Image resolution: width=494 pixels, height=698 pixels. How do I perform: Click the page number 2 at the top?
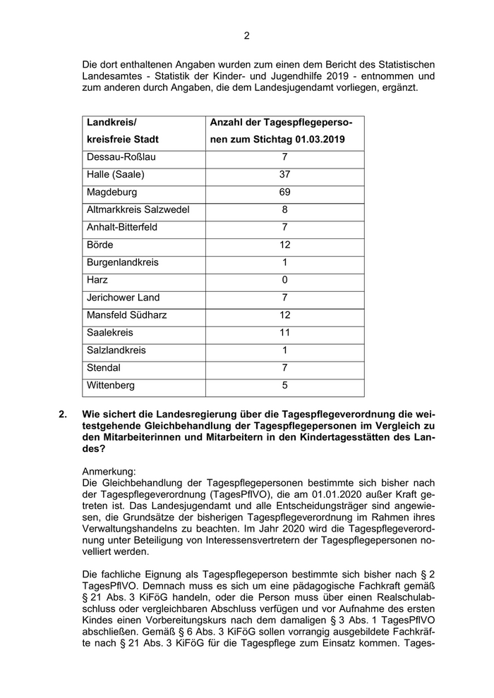point(247,36)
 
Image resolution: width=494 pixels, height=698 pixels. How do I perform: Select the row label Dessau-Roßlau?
point(116,157)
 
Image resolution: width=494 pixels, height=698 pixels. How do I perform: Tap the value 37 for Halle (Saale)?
point(284,174)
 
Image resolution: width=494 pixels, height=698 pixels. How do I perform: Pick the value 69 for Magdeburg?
point(284,192)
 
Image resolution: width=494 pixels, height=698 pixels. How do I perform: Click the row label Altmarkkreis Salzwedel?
point(138,209)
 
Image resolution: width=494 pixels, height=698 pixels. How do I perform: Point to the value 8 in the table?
point(284,209)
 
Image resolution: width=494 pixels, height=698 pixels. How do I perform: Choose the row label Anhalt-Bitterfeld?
point(122,227)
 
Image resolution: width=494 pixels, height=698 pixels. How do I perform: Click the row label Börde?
point(100,245)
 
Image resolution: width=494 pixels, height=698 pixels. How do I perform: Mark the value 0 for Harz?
point(284,280)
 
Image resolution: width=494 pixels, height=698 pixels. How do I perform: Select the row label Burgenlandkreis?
point(122,262)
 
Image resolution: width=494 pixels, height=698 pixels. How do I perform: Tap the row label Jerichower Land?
point(123,298)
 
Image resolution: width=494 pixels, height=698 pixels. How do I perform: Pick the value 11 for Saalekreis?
point(284,333)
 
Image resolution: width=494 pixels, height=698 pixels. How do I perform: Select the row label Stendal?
point(103,368)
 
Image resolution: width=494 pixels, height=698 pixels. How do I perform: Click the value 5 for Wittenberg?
point(284,386)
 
